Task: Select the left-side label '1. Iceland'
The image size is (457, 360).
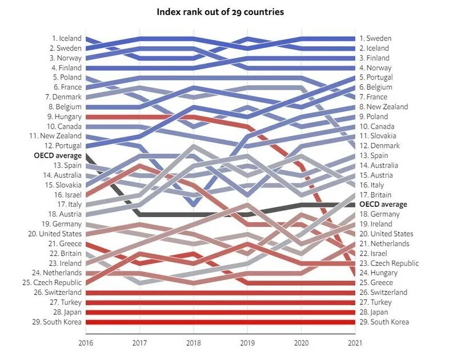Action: (66, 38)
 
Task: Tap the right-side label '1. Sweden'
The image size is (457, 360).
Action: (375, 38)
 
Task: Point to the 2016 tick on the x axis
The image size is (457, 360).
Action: (86, 343)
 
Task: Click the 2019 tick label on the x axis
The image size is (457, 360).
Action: (247, 343)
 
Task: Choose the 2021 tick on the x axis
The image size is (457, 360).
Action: (355, 343)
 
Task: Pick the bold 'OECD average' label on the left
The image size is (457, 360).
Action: (57, 155)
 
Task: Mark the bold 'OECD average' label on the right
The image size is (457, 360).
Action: (383, 204)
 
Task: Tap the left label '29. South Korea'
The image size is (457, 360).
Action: (56, 322)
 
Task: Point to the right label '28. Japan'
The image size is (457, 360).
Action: (374, 312)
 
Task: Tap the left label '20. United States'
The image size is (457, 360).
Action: (54, 234)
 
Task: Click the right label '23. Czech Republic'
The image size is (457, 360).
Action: (389, 263)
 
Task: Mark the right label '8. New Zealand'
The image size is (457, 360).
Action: (383, 107)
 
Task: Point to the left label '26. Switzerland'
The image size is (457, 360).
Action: (57, 293)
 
